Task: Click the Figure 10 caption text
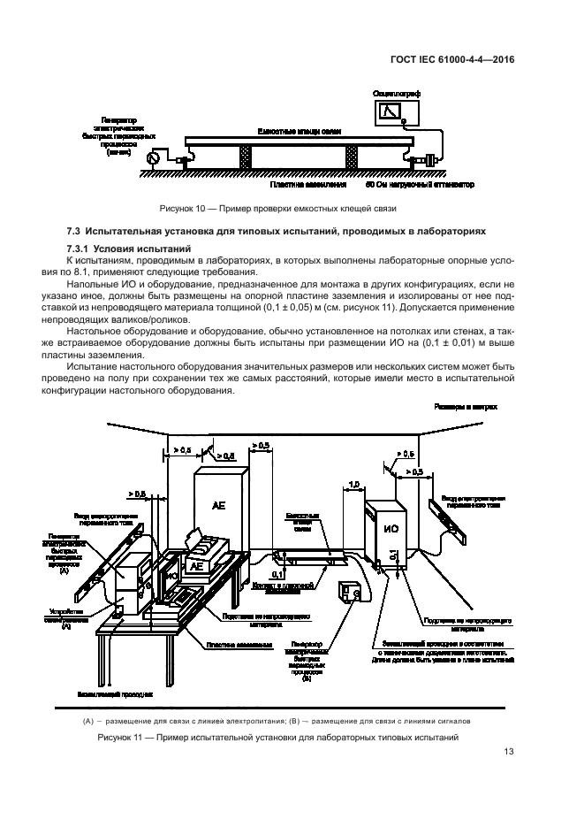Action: point(277,209)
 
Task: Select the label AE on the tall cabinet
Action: point(218,505)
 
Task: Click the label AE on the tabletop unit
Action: point(198,565)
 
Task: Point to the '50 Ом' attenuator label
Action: point(420,186)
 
